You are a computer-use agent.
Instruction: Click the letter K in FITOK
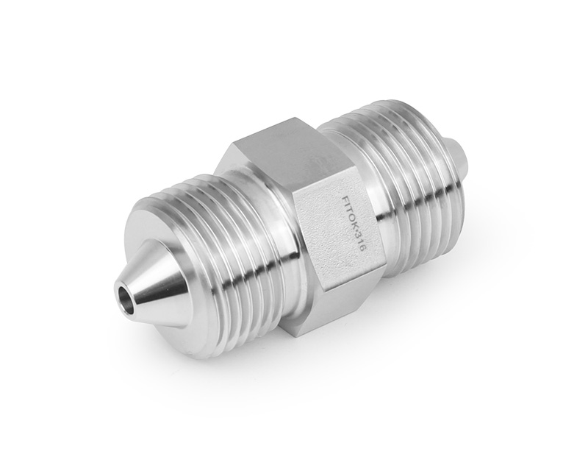354,227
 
